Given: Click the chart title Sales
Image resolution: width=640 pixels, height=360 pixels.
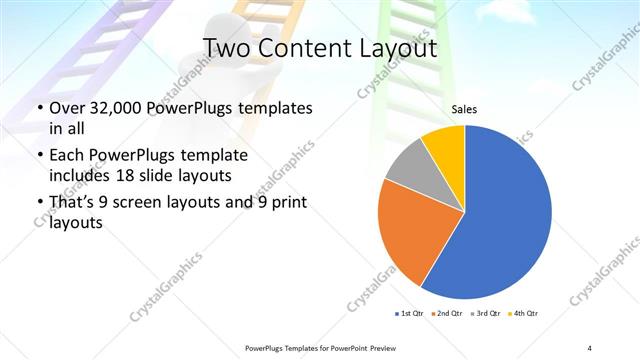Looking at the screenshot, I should point(464,109).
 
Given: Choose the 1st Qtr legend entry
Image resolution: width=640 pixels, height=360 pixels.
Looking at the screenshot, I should point(410,314).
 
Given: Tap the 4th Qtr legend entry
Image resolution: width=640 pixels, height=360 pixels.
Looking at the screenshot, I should point(524,314).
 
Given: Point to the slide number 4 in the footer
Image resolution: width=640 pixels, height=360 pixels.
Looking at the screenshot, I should point(589,347).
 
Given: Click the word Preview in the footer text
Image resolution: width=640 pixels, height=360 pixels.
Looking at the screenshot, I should point(377,347).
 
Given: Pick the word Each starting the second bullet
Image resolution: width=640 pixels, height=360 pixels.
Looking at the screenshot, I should point(67,156).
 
